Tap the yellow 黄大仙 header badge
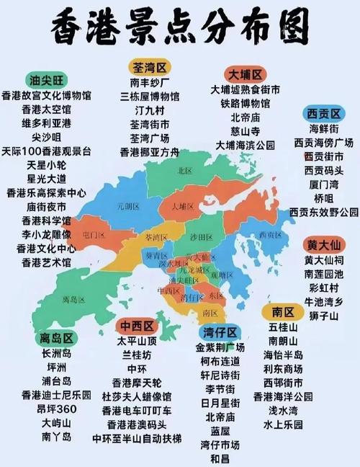click(x=323, y=244)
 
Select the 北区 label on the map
click(x=185, y=171)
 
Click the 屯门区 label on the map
click(x=94, y=234)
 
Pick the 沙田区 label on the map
click(x=202, y=237)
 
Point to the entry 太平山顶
click(x=137, y=341)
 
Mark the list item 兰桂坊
click(x=137, y=355)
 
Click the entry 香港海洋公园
click(x=283, y=396)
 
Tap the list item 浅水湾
click(x=283, y=410)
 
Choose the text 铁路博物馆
click(x=245, y=104)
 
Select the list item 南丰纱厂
click(x=149, y=82)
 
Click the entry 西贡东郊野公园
click(x=323, y=212)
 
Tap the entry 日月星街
click(x=220, y=402)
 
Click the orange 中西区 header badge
click(x=137, y=326)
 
